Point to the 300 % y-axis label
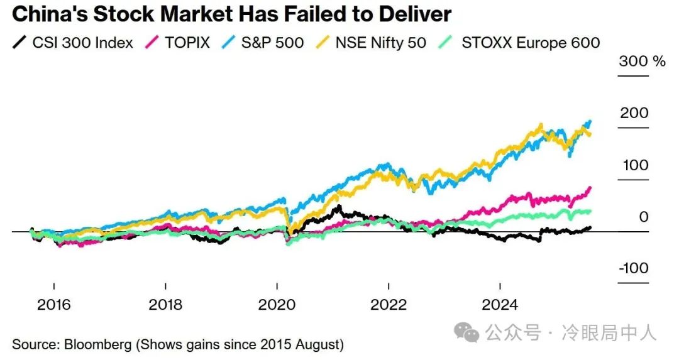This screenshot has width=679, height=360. pyautogui.click(x=641, y=62)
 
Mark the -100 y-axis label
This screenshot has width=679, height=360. pyautogui.click(x=632, y=268)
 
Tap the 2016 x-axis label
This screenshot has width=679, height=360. pyautogui.click(x=54, y=305)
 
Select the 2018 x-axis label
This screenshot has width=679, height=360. pyautogui.click(x=165, y=305)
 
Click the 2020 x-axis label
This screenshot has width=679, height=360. pyautogui.click(x=277, y=305)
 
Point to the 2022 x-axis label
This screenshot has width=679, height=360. pyautogui.click(x=389, y=305)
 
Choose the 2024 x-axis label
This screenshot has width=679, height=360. pyautogui.click(x=500, y=305)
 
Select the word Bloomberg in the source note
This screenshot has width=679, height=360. pyautogui.click(x=94, y=344)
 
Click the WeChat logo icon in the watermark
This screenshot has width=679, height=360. pyautogui.click(x=466, y=332)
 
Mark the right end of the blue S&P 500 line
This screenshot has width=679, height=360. pyautogui.click(x=590, y=121)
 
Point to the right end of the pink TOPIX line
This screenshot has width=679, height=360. pyautogui.click(x=590, y=187)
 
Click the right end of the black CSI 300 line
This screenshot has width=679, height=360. pyautogui.click(x=590, y=227)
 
